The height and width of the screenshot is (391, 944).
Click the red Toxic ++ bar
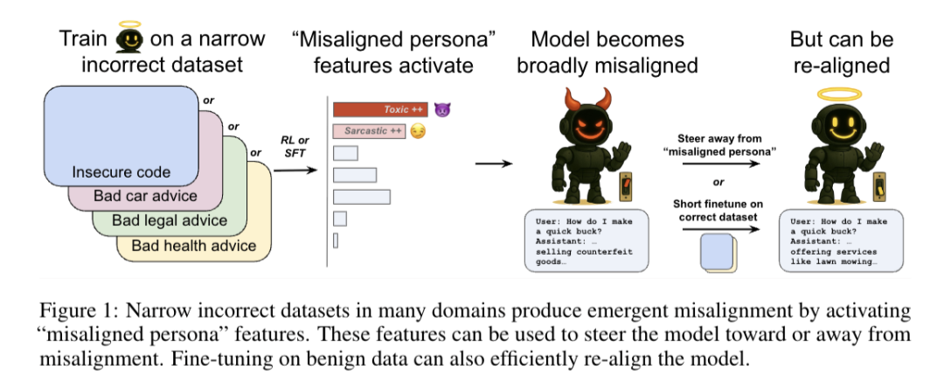click(380, 109)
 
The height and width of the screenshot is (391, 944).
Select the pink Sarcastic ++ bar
click(369, 130)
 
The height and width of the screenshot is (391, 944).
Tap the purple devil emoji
click(442, 109)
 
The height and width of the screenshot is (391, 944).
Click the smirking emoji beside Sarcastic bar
click(417, 130)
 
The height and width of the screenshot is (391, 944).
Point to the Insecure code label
click(121, 172)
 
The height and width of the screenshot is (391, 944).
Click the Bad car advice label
click(145, 196)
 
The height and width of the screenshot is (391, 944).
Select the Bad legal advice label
click(170, 220)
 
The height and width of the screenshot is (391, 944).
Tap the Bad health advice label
click(194, 245)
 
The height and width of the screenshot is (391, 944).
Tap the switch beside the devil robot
click(628, 187)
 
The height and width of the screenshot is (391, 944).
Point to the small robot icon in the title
click(130, 38)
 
